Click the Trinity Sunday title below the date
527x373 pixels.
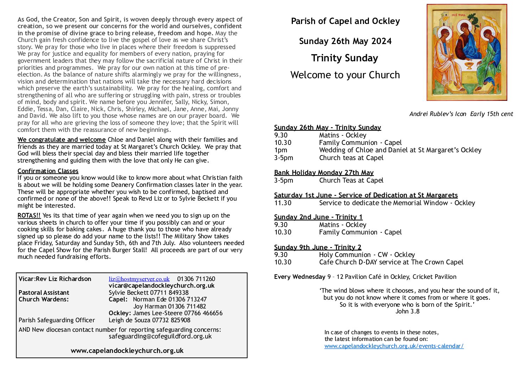point(344,58)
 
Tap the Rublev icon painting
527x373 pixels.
point(466,52)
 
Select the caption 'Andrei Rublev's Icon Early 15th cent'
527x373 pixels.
point(461,114)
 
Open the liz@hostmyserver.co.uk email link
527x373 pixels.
point(139,279)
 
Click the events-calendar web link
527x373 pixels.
point(394,346)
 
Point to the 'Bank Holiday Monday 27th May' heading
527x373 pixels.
point(324,172)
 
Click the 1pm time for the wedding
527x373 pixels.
point(281,150)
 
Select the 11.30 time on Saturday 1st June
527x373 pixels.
point(283,203)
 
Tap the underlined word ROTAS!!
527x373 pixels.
point(29,215)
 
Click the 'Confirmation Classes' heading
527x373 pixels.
point(48,171)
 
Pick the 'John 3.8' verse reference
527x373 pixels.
point(407,311)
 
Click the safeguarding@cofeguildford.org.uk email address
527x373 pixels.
point(160,336)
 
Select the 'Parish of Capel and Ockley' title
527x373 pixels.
point(345,21)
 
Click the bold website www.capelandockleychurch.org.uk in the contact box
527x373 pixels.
point(127,351)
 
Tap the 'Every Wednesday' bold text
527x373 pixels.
point(300,277)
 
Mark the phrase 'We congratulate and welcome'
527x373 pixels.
point(62,140)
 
